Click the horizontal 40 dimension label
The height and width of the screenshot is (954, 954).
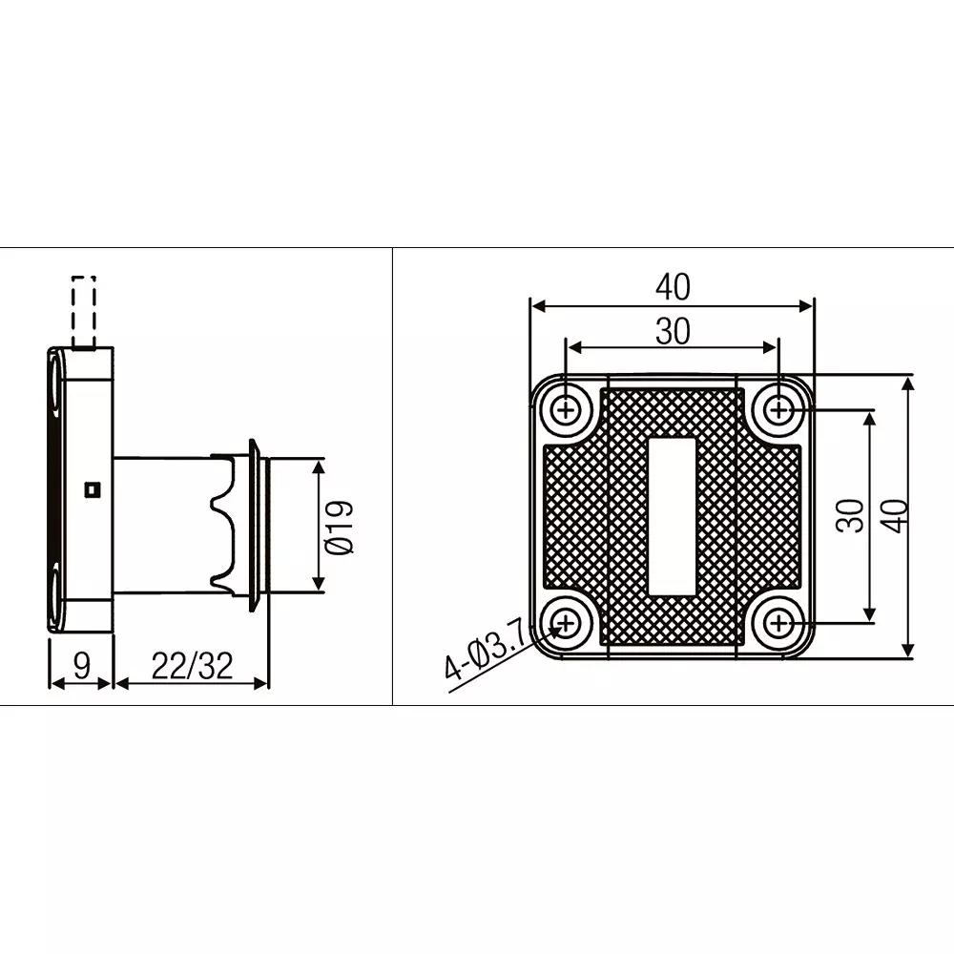673,286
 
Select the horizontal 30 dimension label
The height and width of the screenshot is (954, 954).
673,331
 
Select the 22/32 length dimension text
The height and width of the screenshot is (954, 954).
192,666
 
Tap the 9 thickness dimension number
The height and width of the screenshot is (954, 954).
81,665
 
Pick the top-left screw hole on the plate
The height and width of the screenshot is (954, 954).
567,411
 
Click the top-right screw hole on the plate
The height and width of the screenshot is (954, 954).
780,411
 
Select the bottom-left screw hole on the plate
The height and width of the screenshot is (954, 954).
567,624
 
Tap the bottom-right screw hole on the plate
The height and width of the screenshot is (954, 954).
780,624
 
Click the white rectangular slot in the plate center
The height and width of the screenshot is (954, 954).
673,517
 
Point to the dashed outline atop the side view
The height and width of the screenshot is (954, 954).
84,310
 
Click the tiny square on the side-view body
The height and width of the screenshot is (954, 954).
92,490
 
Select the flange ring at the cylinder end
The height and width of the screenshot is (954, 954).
255,525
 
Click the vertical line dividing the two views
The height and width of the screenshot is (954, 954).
392,477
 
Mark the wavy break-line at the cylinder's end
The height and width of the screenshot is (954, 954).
224,525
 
